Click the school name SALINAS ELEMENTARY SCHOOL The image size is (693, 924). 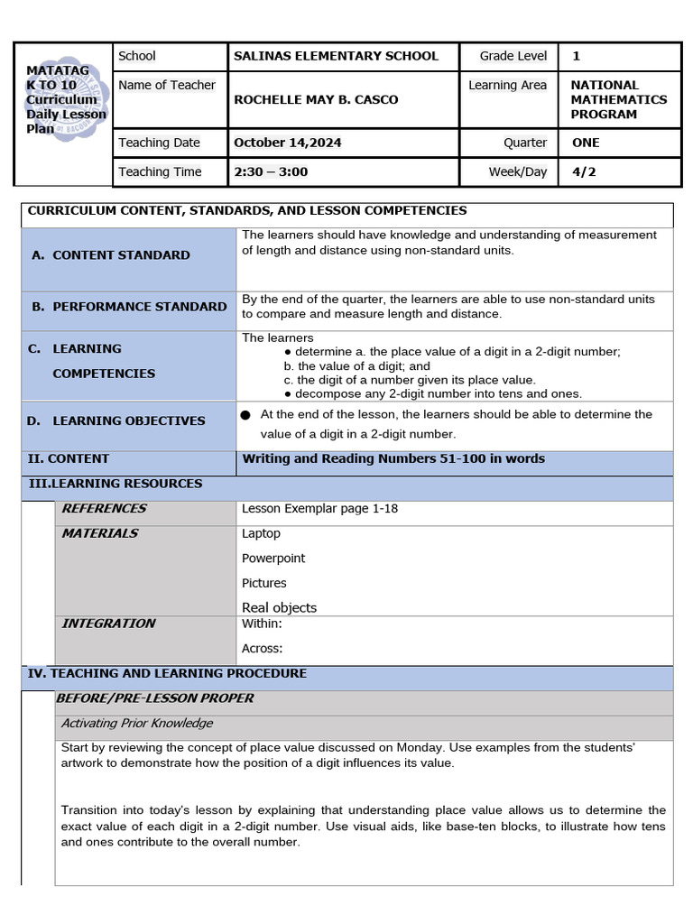(x=336, y=56)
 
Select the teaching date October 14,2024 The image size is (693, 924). (x=288, y=143)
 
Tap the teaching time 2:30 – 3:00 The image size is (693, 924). (x=271, y=171)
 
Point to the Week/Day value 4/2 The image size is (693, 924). (x=584, y=171)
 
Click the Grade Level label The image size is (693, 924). (x=513, y=56)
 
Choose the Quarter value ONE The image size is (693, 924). (x=586, y=143)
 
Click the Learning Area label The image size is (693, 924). (x=507, y=85)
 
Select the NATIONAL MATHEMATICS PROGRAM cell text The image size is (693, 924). (x=618, y=99)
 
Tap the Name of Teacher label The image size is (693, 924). (x=167, y=85)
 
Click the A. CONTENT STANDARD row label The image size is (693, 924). (x=111, y=255)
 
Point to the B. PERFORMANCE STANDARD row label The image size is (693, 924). (x=129, y=307)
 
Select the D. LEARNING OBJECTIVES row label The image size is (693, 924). (x=117, y=420)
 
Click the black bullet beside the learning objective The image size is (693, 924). (x=245, y=415)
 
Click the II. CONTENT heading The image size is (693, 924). (x=69, y=458)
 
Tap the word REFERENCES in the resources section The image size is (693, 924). (x=104, y=509)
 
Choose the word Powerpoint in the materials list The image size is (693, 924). (x=273, y=559)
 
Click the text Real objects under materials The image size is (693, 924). (x=279, y=608)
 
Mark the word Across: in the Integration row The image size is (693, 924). (x=262, y=648)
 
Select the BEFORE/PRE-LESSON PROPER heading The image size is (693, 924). (x=155, y=698)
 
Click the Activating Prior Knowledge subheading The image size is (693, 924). (x=137, y=723)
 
